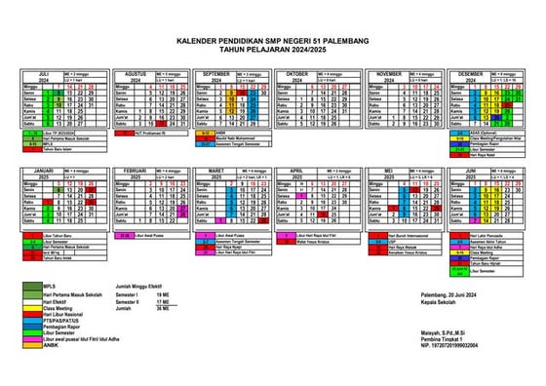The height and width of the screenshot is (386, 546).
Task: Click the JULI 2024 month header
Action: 43,75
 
